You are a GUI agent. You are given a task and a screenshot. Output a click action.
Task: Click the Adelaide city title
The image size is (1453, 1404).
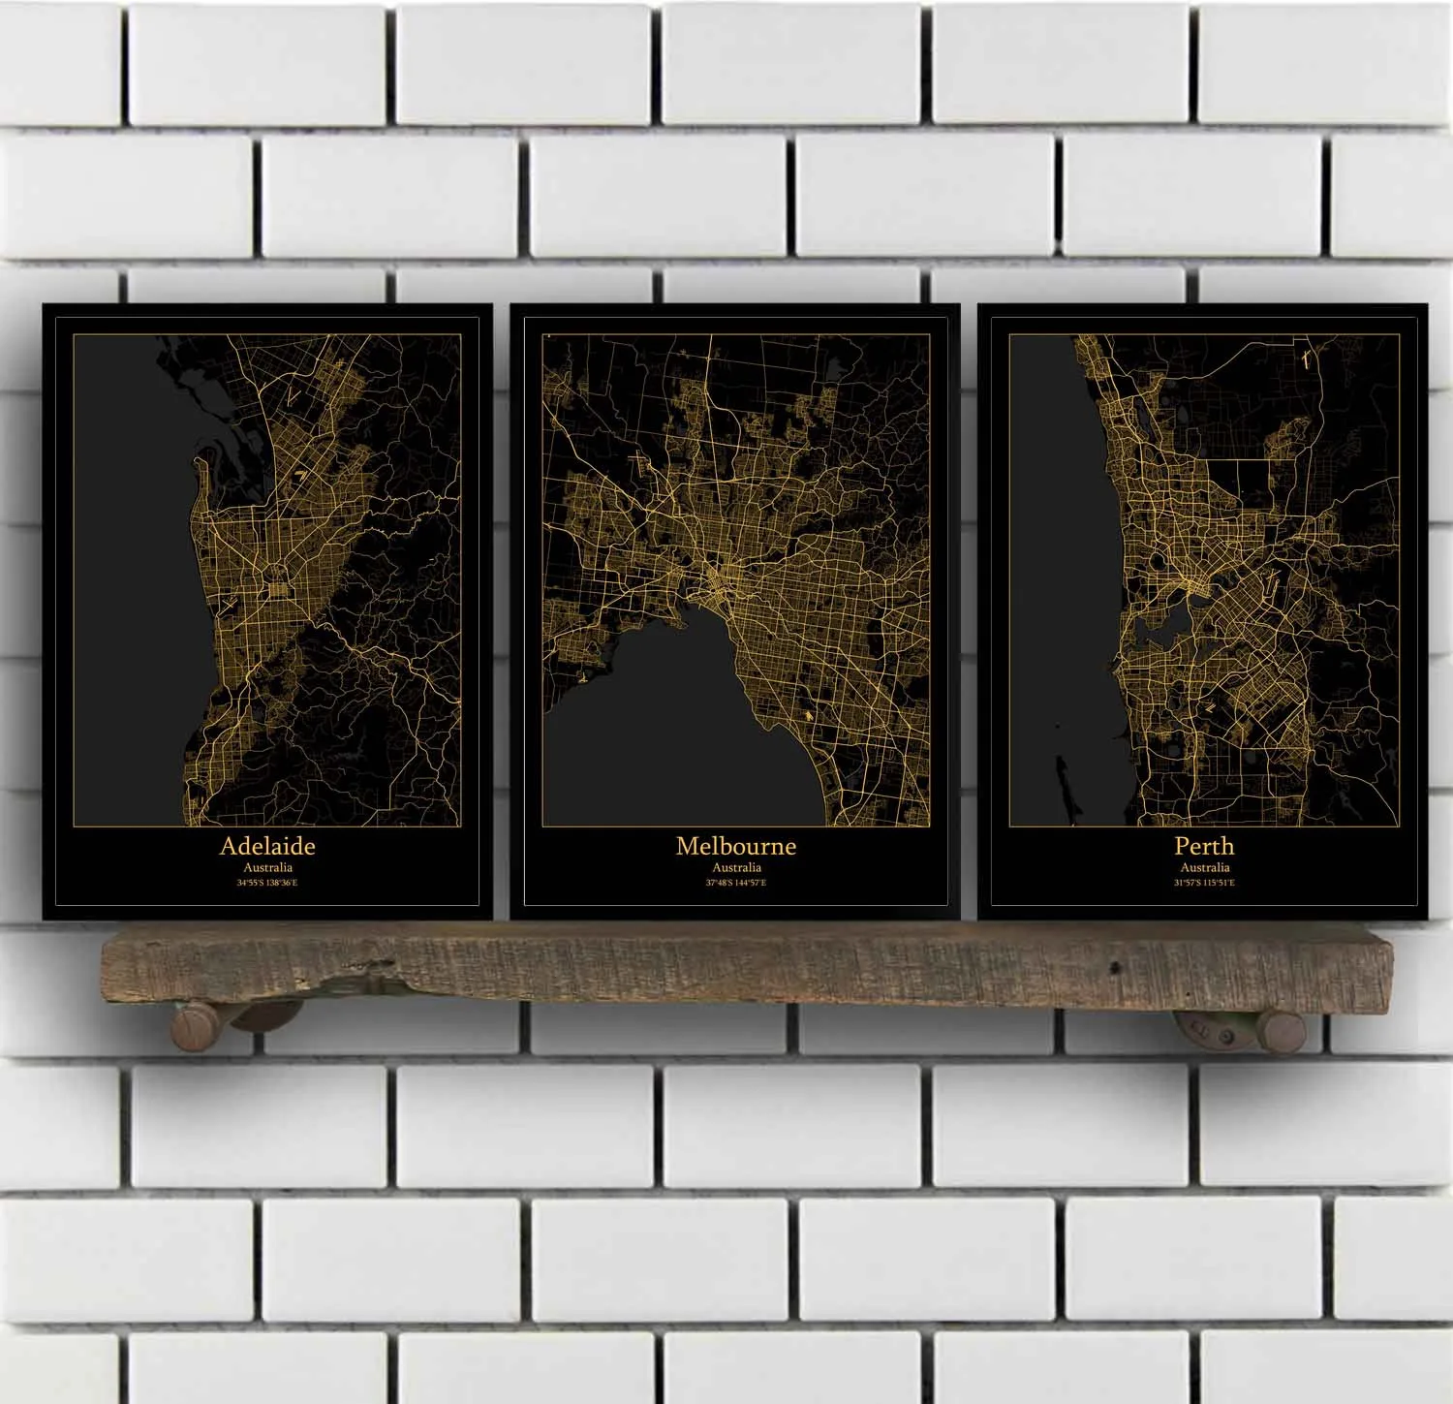[267, 846]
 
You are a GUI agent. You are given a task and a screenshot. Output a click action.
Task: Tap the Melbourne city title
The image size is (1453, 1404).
[735, 846]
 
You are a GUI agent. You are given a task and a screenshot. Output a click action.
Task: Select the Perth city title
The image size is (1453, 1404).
[1204, 846]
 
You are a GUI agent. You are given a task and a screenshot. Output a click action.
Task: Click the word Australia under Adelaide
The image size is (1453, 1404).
[267, 868]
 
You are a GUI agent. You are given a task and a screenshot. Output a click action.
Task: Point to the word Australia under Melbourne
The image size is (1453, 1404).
[736, 868]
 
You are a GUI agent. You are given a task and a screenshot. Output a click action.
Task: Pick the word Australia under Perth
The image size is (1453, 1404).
[1205, 868]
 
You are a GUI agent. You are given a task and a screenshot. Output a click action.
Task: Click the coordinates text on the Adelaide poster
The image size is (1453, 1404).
[267, 883]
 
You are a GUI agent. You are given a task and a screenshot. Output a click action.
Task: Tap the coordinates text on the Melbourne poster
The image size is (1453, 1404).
[736, 883]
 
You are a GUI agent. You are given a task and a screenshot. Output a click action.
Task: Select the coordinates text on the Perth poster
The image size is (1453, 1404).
[1205, 883]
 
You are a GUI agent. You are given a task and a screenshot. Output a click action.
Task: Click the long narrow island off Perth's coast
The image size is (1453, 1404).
[1063, 785]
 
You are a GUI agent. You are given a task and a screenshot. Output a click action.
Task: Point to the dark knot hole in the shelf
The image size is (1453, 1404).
[1115, 967]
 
